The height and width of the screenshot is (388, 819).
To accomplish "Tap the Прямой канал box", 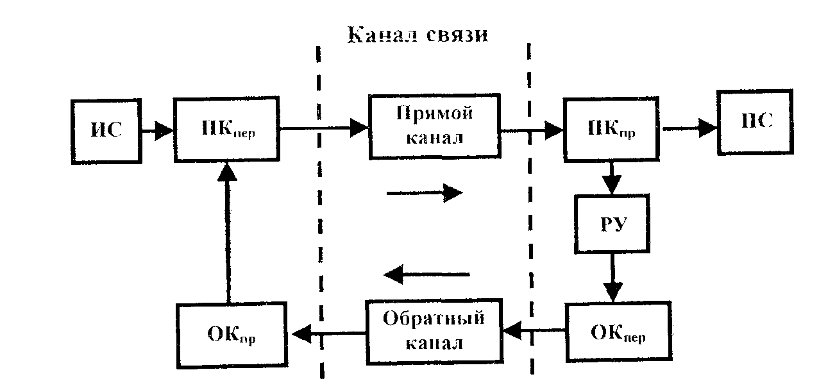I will pos(434,127).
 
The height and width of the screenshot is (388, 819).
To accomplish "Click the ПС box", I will pos(756,122).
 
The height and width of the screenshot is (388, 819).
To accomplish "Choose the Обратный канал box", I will pos(434,331).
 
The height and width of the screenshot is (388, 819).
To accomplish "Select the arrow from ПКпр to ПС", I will pos(689,128).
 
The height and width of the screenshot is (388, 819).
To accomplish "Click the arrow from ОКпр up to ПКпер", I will pos(226,231).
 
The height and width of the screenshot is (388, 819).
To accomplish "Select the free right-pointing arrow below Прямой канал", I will pos(425,192).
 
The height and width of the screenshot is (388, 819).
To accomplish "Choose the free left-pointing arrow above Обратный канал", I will pos(426,274).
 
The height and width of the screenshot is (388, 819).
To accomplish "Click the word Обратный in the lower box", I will pos(434,319).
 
